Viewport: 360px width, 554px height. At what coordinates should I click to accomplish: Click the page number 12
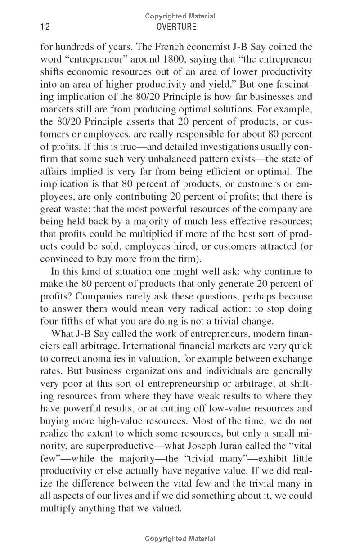tap(45, 27)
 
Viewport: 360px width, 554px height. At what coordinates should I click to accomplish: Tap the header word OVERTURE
tap(176, 27)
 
